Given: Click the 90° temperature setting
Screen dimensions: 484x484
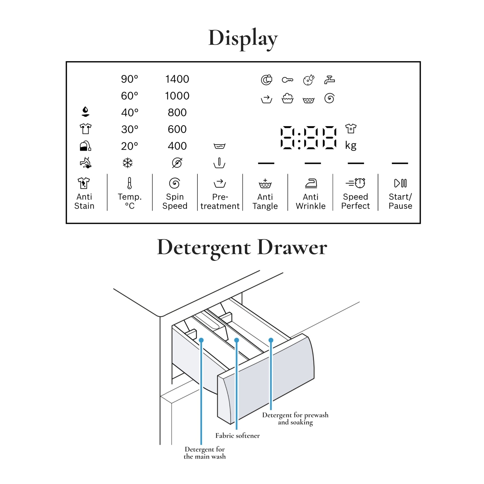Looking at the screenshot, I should coord(129,79).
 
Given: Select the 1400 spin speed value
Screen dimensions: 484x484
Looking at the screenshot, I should coord(177,79).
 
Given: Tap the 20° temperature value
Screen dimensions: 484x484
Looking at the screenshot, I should coord(129,146).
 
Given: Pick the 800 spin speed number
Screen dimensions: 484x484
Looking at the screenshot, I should coord(177,112).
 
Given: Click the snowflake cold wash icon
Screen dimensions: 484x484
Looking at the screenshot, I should coord(128,163).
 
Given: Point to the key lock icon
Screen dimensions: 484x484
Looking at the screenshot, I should coord(287,80).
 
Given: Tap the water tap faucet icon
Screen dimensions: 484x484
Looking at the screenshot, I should coord(329,80).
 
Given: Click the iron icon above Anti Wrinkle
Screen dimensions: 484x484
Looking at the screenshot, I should coord(311,183).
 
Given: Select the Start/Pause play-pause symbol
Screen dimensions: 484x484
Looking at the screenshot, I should coord(400,183).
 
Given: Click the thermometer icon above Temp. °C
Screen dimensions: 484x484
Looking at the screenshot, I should coord(129,183).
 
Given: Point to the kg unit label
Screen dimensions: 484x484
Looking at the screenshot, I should coord(350,145).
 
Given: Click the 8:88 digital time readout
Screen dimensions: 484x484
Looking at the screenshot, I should coord(308,138).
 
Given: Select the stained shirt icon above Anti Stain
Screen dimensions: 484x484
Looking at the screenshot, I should coord(84,183).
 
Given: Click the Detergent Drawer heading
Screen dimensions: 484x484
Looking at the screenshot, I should coord(242,247).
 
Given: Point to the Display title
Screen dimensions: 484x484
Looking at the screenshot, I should coord(243,38).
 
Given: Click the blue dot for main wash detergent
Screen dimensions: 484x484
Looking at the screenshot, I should coord(201,340).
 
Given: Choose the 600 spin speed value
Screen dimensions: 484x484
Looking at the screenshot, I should coord(177,129).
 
